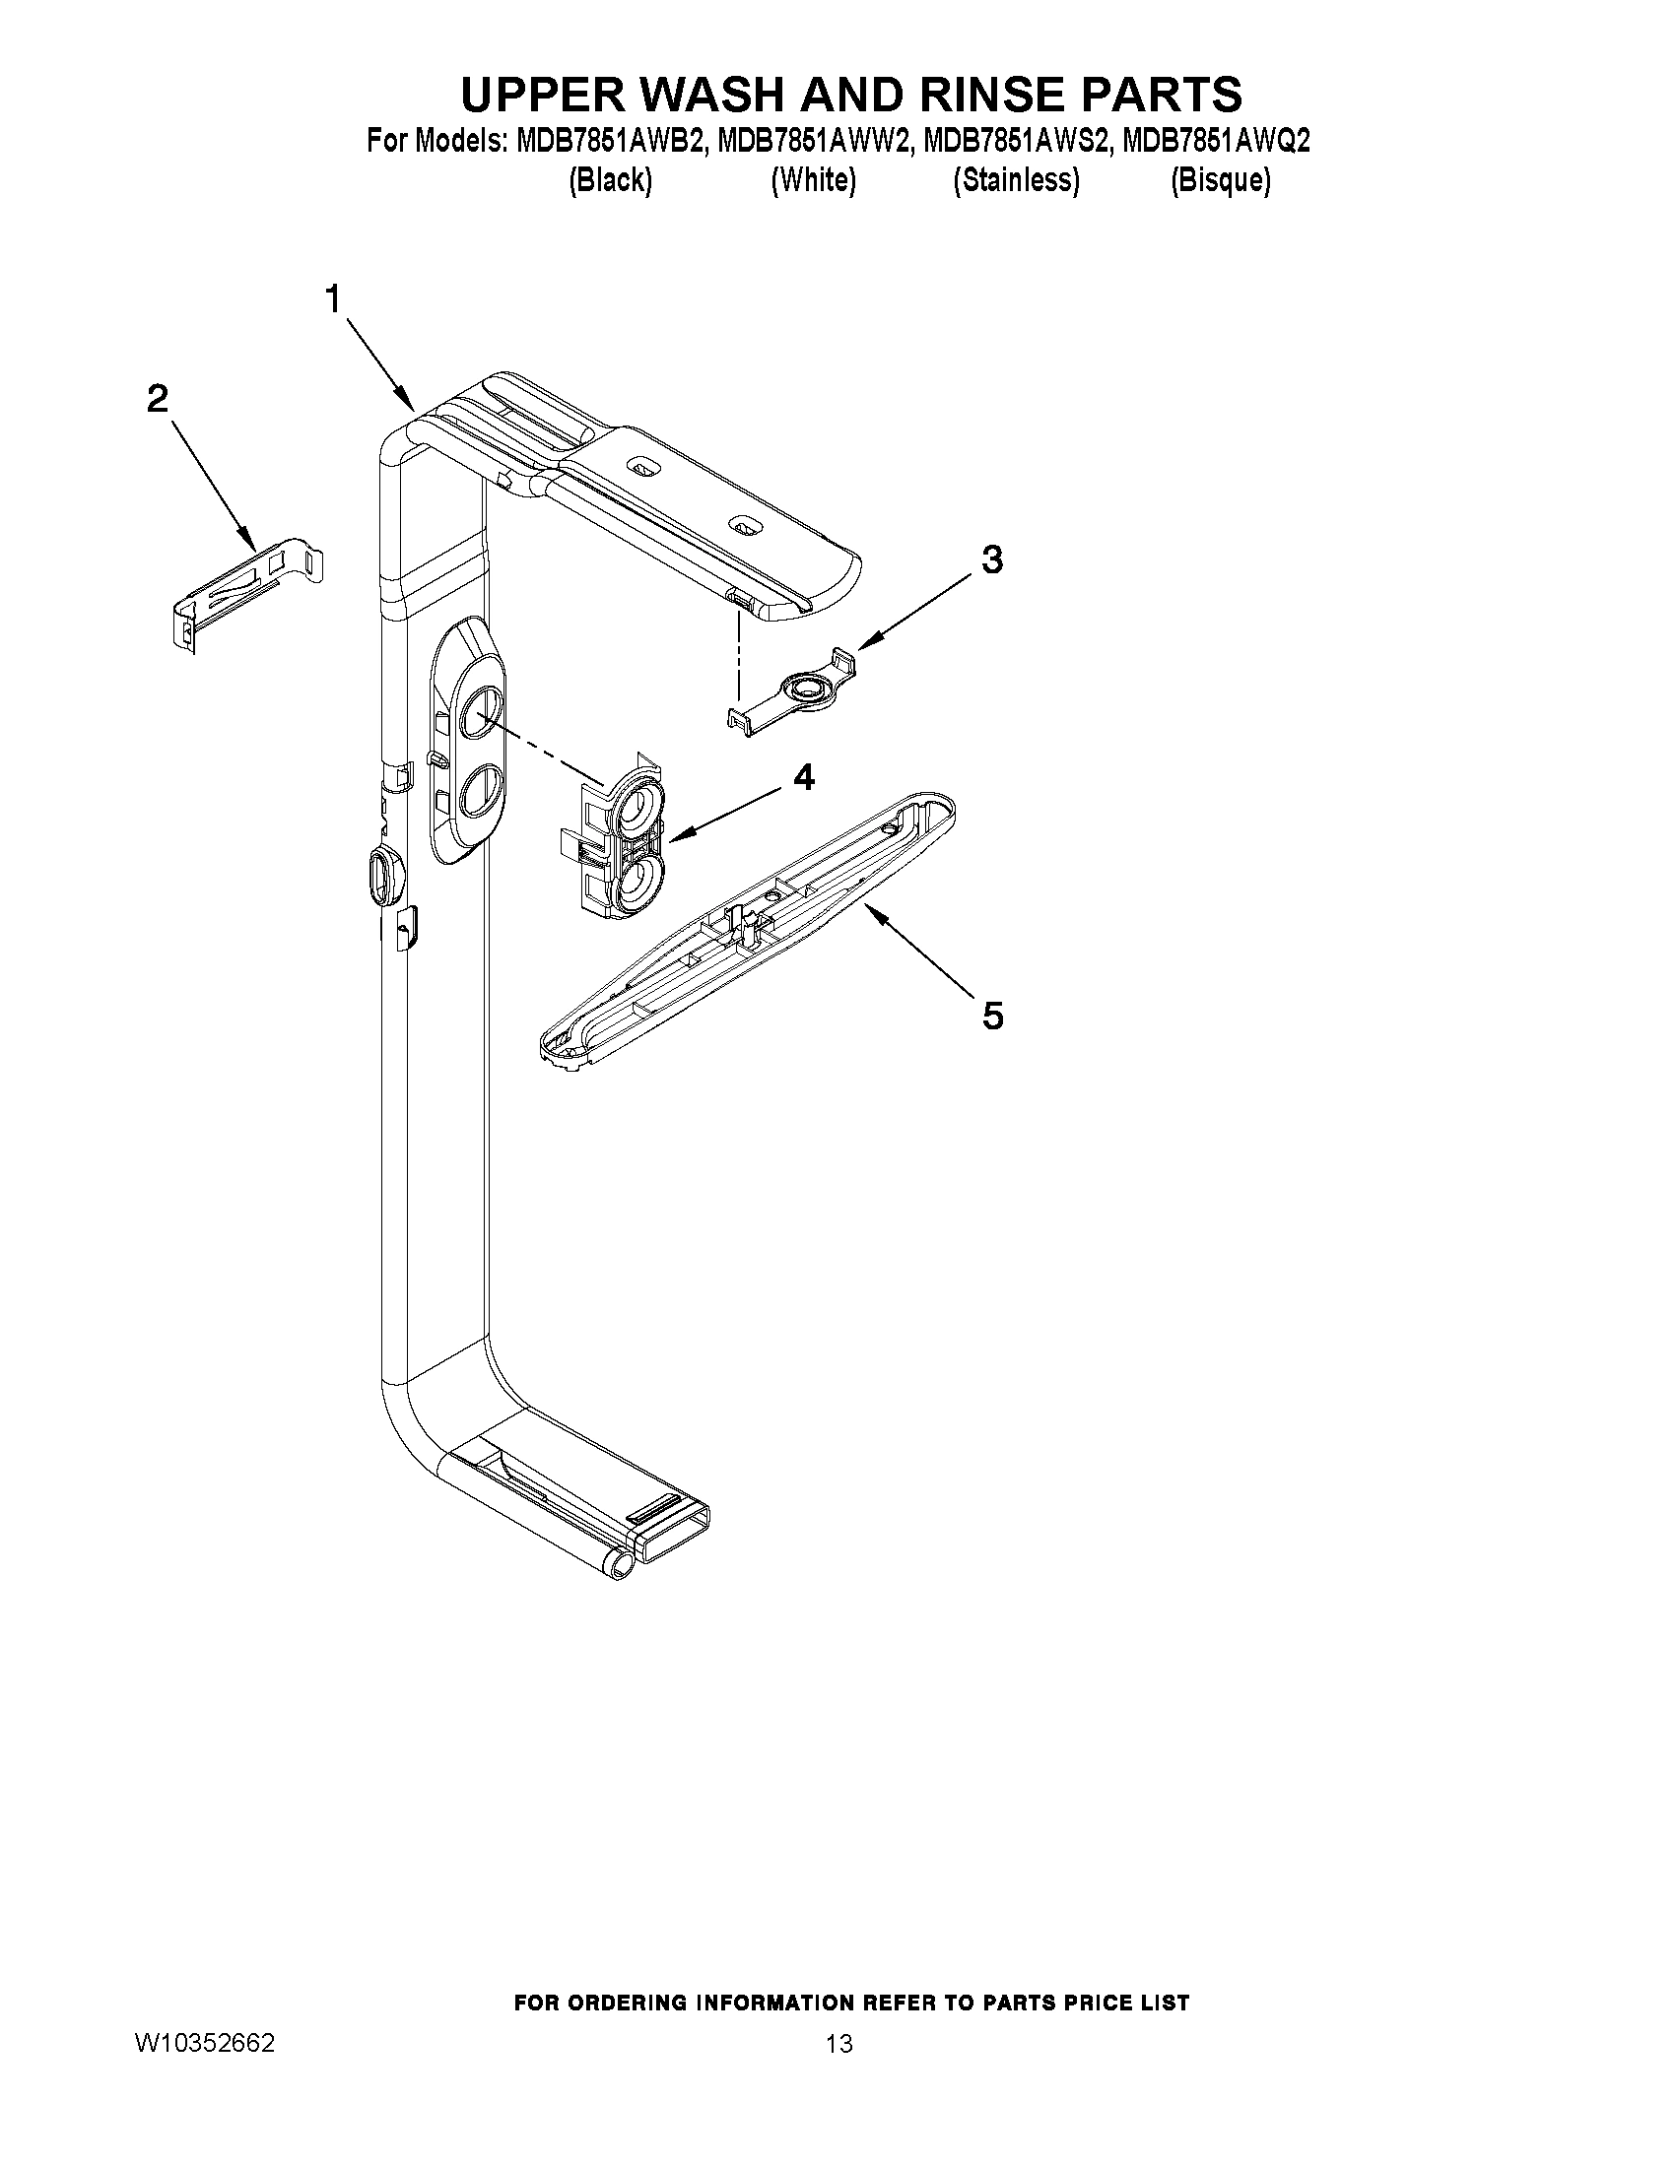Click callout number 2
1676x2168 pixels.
tap(157, 399)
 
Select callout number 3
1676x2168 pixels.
tap(991, 559)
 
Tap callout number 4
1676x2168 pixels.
tap(804, 777)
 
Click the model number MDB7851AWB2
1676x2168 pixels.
tap(612, 142)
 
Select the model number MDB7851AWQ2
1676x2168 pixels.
tap(1215, 142)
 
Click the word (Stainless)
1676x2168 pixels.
tap(1016, 180)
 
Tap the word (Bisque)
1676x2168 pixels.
tap(1220, 180)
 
